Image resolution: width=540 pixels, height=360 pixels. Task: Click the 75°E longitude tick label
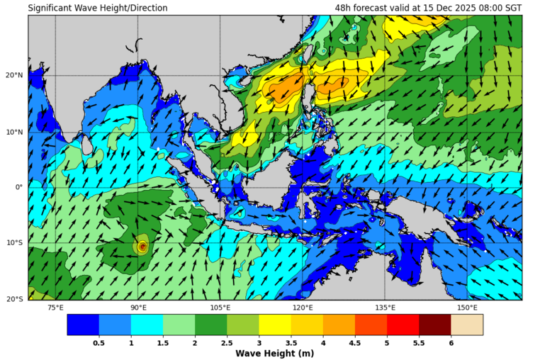click(55, 307)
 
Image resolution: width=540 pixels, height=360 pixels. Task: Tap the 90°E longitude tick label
click(138, 307)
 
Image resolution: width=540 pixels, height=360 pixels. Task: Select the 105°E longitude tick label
click(220, 307)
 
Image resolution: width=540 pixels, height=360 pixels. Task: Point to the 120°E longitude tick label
click(303, 307)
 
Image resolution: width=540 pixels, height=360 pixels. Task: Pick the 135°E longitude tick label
click(385, 307)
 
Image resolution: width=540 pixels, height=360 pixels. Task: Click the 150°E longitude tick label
click(467, 307)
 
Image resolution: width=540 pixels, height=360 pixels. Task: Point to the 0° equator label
click(20, 187)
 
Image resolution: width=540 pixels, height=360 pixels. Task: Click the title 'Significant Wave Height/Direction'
click(98, 9)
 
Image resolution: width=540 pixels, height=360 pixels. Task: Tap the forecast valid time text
click(428, 9)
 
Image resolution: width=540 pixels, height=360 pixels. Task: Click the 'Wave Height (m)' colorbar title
click(275, 353)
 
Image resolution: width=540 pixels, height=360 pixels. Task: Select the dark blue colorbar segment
click(83, 325)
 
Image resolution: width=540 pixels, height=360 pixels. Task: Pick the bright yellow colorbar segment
click(275, 325)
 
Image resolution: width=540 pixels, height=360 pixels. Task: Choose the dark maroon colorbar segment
click(434, 325)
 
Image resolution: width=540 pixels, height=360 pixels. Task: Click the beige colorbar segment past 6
click(467, 325)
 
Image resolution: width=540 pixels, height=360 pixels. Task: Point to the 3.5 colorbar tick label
click(291, 343)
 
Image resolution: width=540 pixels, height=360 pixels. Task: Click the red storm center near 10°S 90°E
click(142, 247)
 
